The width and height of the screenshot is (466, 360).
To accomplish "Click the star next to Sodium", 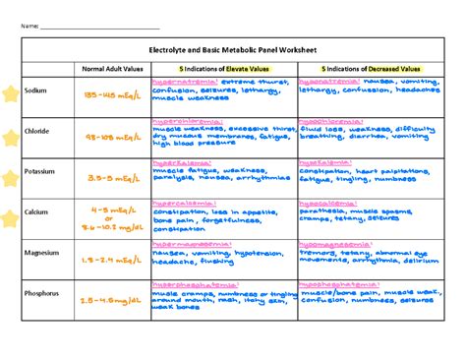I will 11,94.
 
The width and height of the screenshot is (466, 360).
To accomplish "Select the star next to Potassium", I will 11,178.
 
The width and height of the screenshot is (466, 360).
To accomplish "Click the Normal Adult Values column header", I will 111,68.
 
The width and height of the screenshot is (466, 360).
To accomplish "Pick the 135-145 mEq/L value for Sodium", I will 112,95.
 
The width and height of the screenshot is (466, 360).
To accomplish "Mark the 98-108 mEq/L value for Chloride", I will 112,137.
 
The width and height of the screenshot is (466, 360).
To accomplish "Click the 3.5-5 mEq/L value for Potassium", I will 112,179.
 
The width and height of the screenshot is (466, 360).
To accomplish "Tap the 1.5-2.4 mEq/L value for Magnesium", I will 112,260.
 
